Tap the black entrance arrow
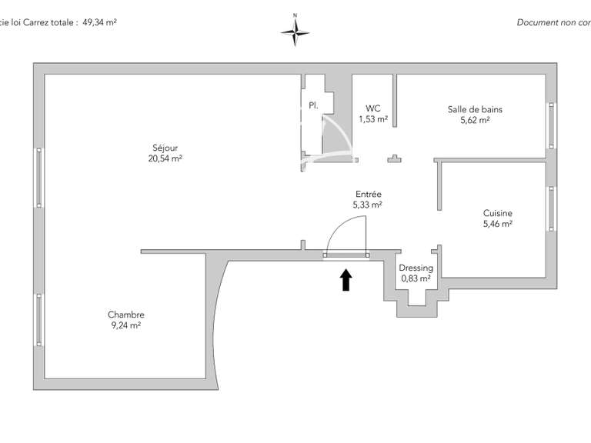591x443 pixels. (346, 280)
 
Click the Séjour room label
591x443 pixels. (165, 148)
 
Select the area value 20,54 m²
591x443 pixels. (165, 158)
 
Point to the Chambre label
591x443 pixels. (126, 315)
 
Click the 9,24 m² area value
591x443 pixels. (126, 325)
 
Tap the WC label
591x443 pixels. (372, 108)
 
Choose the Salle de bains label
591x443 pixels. (475, 109)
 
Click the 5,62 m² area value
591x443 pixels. (475, 120)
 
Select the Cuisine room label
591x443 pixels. (498, 213)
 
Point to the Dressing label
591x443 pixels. (416, 268)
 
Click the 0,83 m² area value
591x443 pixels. (416, 278)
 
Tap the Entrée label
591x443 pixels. (369, 194)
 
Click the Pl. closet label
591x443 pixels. (313, 105)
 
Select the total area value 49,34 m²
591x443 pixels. (99, 22)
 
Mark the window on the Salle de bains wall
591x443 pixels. (552, 125)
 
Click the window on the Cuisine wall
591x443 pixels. (552, 208)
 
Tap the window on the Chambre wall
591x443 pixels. (38, 320)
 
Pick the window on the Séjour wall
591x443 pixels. (38, 178)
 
